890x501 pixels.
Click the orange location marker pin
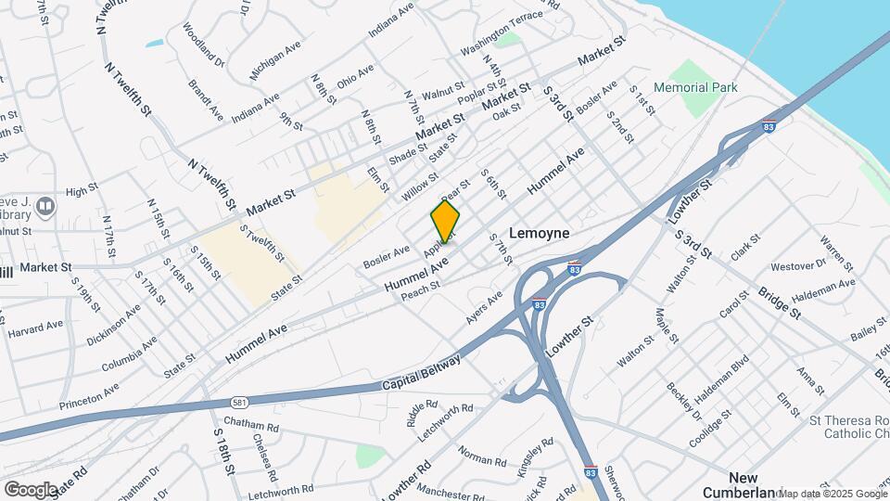point(445,222)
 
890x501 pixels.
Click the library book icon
point(46,205)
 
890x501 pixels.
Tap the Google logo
point(31,488)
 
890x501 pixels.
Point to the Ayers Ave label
point(484,308)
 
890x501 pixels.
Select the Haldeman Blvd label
point(721,376)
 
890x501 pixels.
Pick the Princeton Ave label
point(89,396)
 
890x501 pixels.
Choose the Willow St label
point(420,186)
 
